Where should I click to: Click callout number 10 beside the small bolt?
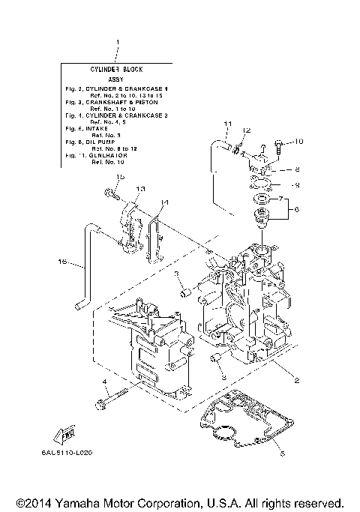298,141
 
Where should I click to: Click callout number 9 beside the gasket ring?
297,184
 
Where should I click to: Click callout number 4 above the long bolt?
106,382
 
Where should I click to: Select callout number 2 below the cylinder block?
297,381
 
